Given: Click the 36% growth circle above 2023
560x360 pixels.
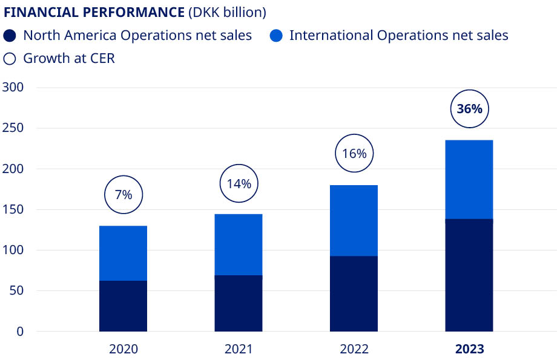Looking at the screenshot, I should tap(469, 109).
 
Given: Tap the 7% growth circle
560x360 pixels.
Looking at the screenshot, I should tap(123, 194).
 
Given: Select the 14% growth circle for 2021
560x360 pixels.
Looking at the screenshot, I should tap(239, 183).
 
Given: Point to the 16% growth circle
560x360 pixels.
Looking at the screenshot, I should tap(354, 154).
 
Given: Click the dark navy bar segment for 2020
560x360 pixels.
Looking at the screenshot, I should tap(123, 306).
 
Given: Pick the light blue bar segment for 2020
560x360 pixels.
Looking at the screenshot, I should tap(123, 253).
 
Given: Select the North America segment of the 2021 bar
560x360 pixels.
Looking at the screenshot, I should tap(239, 303).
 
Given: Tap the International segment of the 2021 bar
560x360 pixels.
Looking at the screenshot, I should tap(239, 244).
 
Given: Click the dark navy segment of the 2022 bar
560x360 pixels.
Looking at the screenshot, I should tap(354, 293).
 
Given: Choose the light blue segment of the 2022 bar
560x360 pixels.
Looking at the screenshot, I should tap(354, 220).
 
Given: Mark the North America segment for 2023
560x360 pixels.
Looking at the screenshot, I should tap(469, 275).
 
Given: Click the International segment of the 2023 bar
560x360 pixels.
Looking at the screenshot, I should tap(469, 179).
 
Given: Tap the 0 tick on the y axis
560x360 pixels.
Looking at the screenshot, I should tap(20, 332).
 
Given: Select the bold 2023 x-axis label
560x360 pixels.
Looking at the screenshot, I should tap(469, 349).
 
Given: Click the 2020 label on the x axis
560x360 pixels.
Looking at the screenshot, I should tap(123, 349).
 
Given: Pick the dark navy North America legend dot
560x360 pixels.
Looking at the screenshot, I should tap(10, 35).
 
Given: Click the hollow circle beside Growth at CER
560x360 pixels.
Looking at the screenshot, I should tap(10, 59).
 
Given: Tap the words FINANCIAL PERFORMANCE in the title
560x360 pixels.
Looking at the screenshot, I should tap(94, 12).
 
